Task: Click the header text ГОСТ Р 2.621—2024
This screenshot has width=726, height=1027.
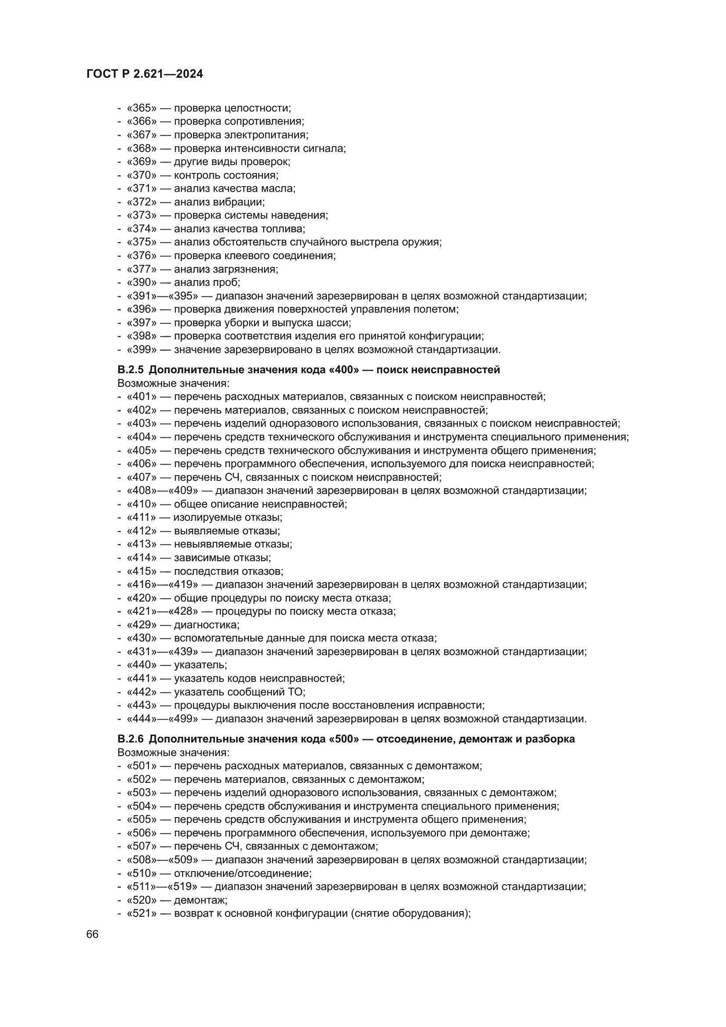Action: coord(144,74)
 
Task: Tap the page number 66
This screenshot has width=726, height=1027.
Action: coord(93,934)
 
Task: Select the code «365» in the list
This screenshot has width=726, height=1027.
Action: coord(142,108)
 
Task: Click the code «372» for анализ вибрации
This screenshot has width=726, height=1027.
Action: coord(142,202)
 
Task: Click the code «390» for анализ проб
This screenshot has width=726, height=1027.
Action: coord(142,282)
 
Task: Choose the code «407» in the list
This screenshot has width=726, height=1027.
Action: coord(142,477)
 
